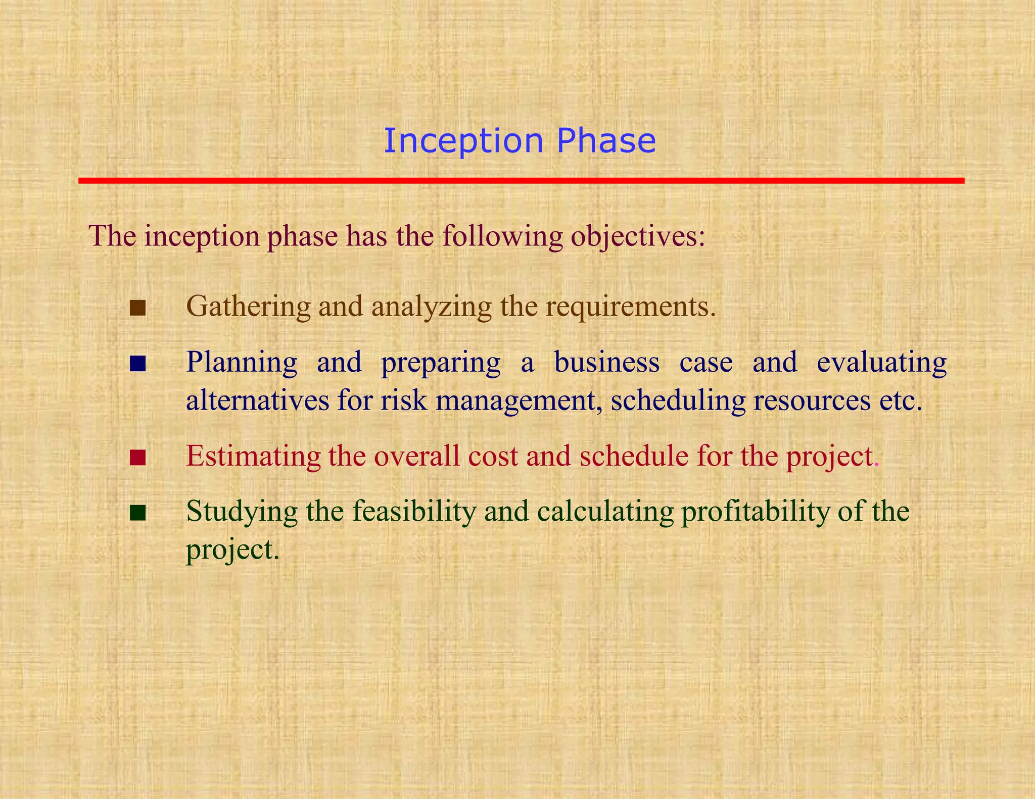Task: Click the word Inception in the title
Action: (x=463, y=141)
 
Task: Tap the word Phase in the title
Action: (x=606, y=141)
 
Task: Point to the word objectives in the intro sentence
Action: (x=638, y=236)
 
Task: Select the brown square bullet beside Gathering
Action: (x=137, y=308)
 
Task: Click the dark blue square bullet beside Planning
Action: (x=137, y=364)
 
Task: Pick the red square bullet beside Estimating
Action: (x=137, y=458)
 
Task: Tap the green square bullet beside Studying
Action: (x=137, y=513)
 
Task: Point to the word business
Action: (x=606, y=362)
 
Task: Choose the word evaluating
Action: (x=881, y=362)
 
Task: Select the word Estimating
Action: (x=253, y=456)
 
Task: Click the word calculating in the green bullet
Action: (x=605, y=512)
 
